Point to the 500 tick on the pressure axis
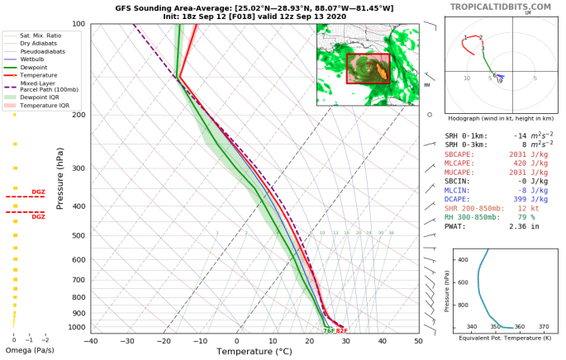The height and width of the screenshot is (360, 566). point(78,236)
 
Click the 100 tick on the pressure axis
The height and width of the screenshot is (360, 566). point(78,24)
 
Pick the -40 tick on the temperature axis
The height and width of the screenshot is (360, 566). point(91,341)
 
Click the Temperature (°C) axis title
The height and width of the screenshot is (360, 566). point(254,353)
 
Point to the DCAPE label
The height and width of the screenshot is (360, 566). point(459,201)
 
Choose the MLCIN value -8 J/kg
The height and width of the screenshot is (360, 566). point(534,189)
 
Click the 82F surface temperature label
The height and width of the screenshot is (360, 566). point(341,330)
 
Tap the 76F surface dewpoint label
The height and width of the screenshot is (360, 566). point(328,330)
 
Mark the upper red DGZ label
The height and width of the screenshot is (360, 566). point(38,192)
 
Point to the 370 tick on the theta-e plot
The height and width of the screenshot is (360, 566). point(542,327)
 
